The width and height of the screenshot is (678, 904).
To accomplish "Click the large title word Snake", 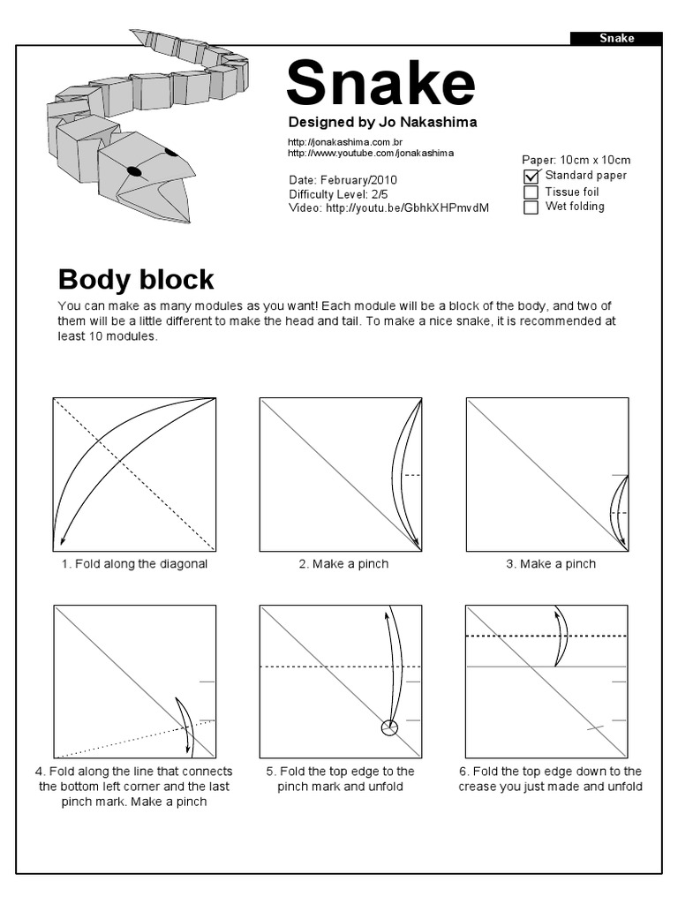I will (380, 83).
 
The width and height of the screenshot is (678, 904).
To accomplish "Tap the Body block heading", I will (136, 280).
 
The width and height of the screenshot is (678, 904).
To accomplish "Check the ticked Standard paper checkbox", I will (531, 176).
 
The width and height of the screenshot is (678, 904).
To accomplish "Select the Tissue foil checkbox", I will (531, 192).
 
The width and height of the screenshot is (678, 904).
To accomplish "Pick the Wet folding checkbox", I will (531, 207).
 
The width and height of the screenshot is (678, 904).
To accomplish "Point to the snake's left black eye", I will (134, 171).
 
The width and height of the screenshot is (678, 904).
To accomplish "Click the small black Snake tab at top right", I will (616, 38).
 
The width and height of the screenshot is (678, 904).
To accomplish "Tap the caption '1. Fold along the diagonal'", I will (134, 564).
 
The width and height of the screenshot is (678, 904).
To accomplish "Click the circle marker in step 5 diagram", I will (388, 728).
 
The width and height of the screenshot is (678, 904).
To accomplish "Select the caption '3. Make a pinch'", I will (551, 564).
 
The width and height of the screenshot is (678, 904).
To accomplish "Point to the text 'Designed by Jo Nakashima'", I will (382, 122).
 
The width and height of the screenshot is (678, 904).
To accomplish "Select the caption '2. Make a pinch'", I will (343, 564).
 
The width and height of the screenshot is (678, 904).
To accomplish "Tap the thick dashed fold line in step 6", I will (547, 636).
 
